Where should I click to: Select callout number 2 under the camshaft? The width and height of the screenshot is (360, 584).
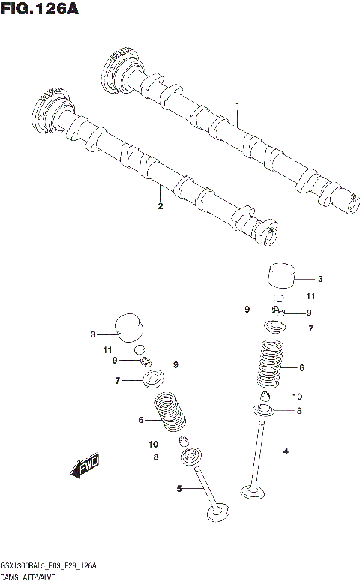pyautogui.click(x=160, y=206)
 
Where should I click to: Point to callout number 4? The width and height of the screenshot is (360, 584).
pyautogui.click(x=286, y=451)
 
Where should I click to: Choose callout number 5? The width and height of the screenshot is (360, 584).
pyautogui.click(x=179, y=489)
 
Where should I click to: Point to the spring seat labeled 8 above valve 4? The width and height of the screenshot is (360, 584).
pyautogui.click(x=265, y=409)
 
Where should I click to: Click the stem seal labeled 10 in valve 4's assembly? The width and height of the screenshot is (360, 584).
pyautogui.click(x=265, y=395)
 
